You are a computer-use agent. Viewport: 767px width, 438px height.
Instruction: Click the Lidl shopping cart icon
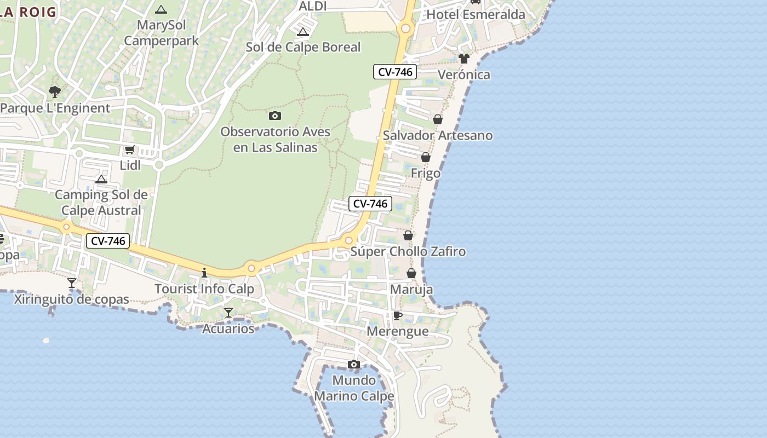pos(129,149)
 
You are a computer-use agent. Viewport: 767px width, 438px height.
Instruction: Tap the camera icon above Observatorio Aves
pos(275,116)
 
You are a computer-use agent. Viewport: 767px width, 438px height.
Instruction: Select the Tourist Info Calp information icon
pos(204,273)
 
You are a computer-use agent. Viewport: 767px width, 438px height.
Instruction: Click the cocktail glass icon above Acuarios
pos(228,313)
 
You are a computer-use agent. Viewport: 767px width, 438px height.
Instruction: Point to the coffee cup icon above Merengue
pos(398,315)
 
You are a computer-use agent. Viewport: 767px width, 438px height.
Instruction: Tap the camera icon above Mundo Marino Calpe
pos(354,364)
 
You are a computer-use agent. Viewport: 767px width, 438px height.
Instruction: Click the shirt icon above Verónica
pos(464,59)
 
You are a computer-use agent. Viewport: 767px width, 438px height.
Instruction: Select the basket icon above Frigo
pos(426,157)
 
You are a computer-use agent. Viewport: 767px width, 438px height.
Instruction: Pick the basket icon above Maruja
pos(411,273)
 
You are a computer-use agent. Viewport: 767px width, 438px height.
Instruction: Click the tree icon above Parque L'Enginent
pos(54,91)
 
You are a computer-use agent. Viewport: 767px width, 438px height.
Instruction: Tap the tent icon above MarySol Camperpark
pos(161,9)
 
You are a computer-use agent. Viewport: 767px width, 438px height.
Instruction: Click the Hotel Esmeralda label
pos(476,15)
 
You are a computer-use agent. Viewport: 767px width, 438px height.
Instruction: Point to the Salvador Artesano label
pos(438,135)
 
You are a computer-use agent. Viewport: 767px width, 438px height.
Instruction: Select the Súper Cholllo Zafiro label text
pos(408,252)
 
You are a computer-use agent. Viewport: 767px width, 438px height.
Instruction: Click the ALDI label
pos(313,6)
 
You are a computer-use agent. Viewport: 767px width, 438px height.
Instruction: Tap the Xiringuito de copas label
pos(71,299)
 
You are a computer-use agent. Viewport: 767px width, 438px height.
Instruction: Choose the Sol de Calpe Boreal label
pos(303,47)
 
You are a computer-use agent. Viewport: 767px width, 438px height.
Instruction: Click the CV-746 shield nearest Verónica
pos(395,72)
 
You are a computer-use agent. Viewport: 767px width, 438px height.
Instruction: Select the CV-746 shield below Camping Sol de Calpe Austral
pos(108,241)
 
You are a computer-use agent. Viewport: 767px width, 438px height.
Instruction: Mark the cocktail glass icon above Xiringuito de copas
pos(72,283)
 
